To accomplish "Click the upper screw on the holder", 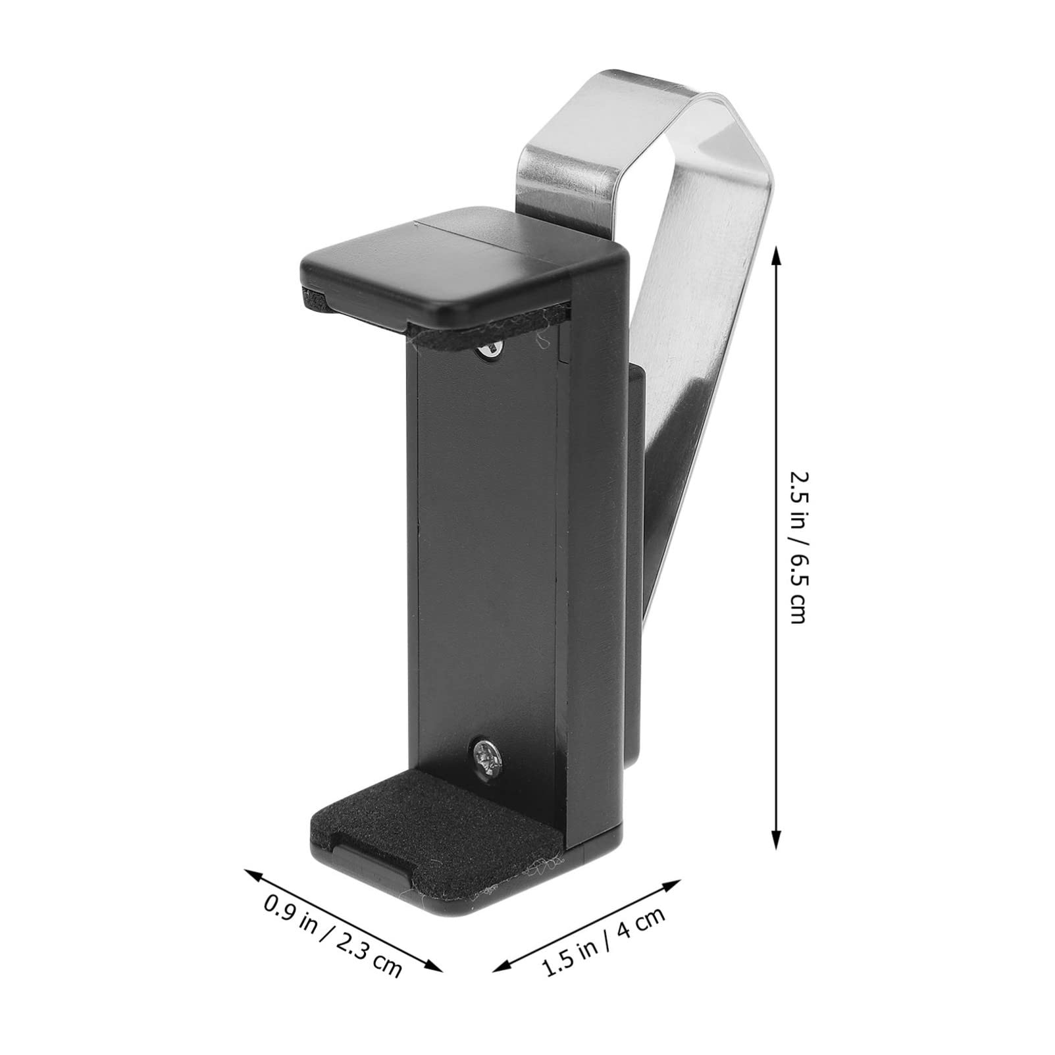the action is [x=489, y=351].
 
